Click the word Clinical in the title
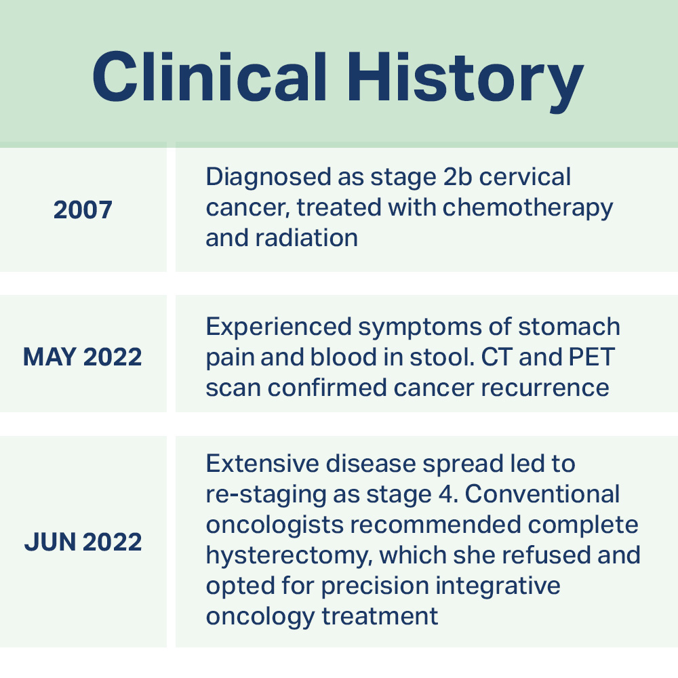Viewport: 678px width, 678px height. tap(210, 77)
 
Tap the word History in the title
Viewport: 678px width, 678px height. tap(466, 82)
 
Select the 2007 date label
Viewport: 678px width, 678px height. tap(83, 210)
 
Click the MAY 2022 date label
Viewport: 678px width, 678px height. tap(83, 357)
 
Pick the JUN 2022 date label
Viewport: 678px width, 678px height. tap(83, 542)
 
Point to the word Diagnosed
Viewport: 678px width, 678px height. tap(268, 177)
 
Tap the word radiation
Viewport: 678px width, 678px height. tap(306, 238)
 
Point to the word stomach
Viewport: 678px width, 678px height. tap(569, 327)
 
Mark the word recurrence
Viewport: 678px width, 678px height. tap(545, 388)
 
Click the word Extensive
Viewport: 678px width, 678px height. tap(262, 464)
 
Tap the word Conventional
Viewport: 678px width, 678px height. tap(542, 494)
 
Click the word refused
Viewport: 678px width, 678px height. tap(547, 555)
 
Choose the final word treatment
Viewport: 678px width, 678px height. tap(380, 616)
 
